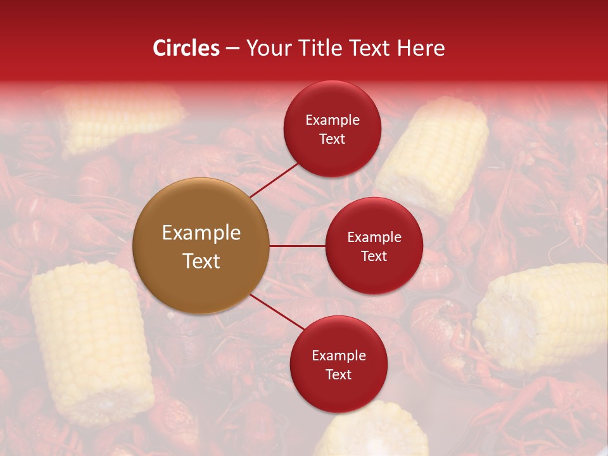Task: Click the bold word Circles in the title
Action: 186,48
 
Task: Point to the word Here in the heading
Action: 420,48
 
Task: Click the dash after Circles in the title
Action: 232,49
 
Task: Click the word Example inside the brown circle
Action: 201,233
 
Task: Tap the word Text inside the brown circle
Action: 201,261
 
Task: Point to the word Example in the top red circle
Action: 332,120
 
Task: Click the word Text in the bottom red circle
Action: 338,374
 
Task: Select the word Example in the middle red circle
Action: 374,237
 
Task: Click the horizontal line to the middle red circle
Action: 297,246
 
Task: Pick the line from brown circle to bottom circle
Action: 276,312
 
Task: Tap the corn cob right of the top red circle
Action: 434,155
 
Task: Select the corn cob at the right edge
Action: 545,317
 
